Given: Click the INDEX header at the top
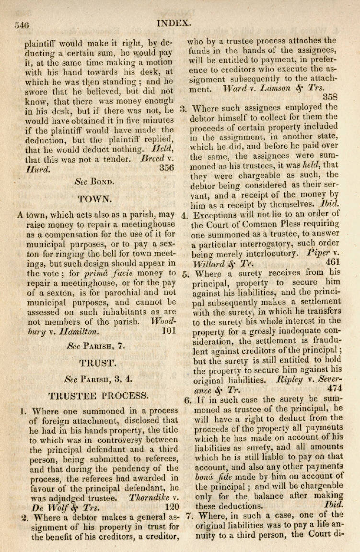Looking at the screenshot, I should (x=174, y=22).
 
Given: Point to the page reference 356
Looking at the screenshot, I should (x=166, y=168).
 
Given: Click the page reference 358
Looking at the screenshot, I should (x=330, y=97).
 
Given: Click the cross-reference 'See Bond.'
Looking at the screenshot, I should (x=94, y=182).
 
